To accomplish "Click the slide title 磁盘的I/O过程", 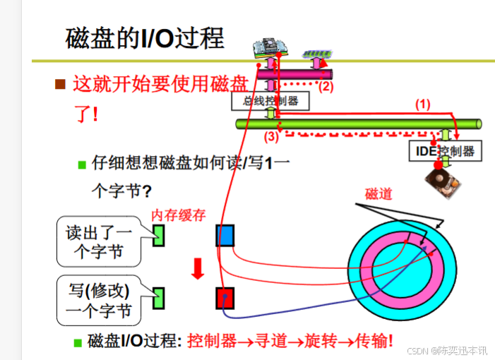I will (144, 38).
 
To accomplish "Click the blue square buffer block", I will (225, 235).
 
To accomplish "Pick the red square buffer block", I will (225, 298).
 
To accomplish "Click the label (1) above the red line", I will (422, 104).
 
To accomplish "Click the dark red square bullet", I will (61, 85).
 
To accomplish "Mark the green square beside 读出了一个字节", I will (158, 235).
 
